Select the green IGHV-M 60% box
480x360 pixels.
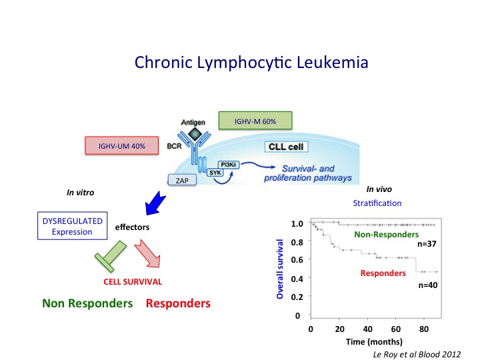point(256,121)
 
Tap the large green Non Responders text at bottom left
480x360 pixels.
point(88,303)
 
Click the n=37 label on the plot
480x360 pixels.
point(427,245)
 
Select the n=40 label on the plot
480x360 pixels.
point(427,285)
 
